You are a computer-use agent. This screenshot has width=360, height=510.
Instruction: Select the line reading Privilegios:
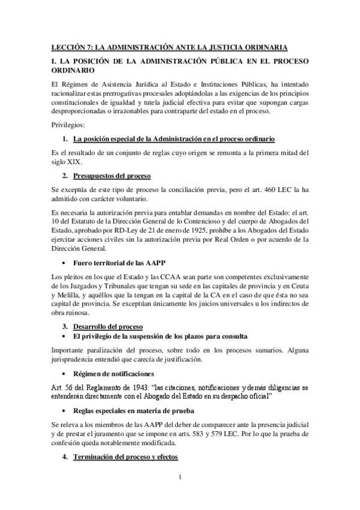(68, 124)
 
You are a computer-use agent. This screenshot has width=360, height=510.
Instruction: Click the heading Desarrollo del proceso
(108, 326)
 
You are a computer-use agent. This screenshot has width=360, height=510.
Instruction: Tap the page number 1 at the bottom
(180, 478)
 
